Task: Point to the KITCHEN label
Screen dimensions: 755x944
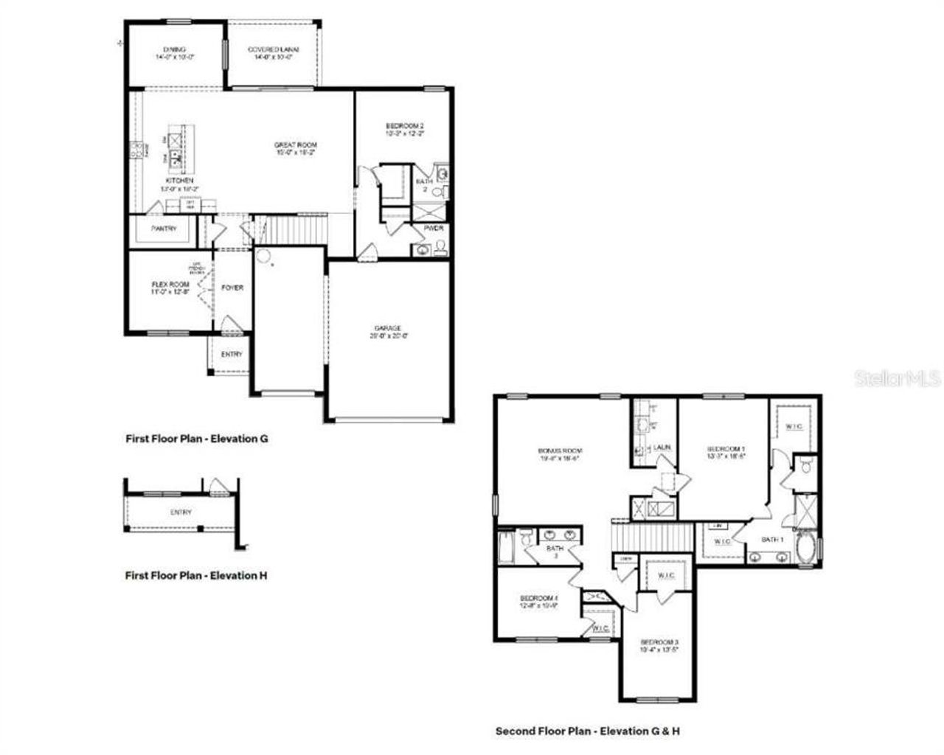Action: (179, 181)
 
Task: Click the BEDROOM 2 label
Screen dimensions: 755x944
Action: (405, 125)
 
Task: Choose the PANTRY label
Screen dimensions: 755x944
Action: (164, 229)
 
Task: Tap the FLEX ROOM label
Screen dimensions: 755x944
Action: (170, 285)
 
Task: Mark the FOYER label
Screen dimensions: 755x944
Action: (232, 288)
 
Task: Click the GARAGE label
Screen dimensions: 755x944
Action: (389, 328)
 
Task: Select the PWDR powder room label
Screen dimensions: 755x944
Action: (434, 229)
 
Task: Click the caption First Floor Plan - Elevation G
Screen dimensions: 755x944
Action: (196, 439)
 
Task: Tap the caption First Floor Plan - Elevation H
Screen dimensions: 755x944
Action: (196, 575)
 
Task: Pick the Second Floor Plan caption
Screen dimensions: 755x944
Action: (587, 731)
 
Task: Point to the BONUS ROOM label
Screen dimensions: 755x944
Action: (560, 450)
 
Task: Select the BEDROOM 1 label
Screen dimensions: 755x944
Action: (726, 449)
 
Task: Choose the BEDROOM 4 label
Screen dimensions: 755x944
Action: (538, 598)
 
